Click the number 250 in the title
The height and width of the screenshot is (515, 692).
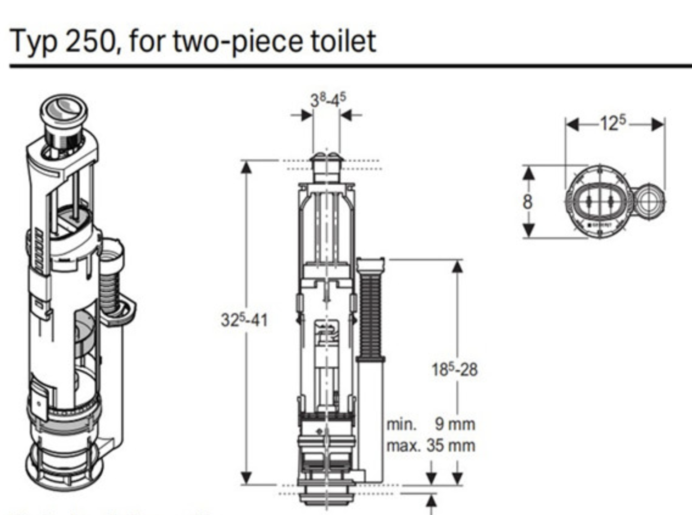(91, 41)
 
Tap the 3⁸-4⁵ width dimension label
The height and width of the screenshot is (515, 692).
(328, 100)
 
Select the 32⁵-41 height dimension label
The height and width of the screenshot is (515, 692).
(244, 320)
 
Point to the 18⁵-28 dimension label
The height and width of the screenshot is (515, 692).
(454, 369)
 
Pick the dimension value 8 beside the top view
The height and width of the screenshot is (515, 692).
(528, 202)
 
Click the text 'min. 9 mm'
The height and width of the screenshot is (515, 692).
(431, 424)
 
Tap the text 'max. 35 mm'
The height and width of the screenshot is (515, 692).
(431, 446)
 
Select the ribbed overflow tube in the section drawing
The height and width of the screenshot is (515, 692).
(370, 311)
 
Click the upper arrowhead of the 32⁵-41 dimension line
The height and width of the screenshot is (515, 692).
(246, 167)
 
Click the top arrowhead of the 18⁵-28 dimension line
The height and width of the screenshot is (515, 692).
(457, 267)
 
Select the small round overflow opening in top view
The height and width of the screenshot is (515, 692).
(649, 201)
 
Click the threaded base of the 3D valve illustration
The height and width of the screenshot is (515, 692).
(63, 464)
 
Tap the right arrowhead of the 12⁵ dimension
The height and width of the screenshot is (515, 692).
(659, 124)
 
